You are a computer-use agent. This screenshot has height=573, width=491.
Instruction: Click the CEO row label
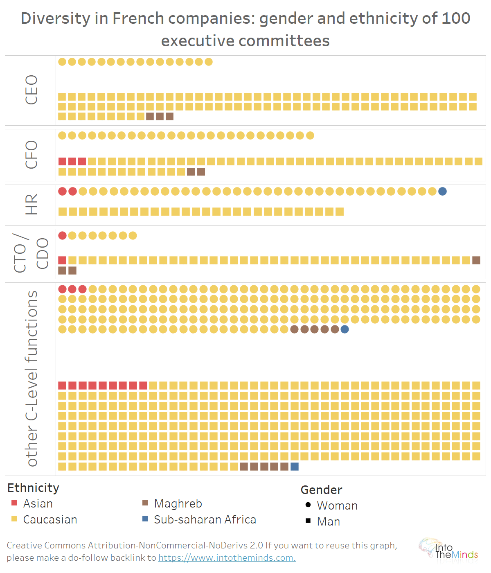pyautogui.click(x=31, y=90)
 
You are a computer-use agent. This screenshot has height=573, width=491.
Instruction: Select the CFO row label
pyautogui.click(x=31, y=155)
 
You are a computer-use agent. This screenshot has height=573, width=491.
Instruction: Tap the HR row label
pyautogui.click(x=31, y=204)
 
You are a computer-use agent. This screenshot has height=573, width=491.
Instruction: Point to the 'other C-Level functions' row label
pyautogui.click(x=31, y=379)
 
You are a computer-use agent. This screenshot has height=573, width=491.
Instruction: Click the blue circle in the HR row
pyautogui.click(x=442, y=191)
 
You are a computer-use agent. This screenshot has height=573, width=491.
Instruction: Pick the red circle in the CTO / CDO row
pyautogui.click(x=62, y=235)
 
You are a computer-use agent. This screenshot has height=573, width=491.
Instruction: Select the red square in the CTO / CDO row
pyautogui.click(x=62, y=260)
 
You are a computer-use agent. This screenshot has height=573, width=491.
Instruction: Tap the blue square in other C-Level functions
pyautogui.click(x=295, y=466)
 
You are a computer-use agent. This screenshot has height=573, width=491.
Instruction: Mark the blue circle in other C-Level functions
pyautogui.click(x=345, y=329)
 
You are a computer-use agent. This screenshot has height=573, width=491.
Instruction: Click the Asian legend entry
pyautogui.click(x=38, y=503)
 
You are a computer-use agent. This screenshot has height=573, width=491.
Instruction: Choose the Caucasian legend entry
pyautogui.click(x=50, y=519)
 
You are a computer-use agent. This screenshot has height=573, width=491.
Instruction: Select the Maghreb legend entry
pyautogui.click(x=178, y=503)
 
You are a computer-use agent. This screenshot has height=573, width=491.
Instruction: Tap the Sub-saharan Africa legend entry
pyautogui.click(x=205, y=519)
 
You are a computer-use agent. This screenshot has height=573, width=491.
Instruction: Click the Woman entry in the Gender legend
pyautogui.click(x=337, y=505)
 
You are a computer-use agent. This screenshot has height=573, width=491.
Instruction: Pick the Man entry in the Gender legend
pyautogui.click(x=328, y=521)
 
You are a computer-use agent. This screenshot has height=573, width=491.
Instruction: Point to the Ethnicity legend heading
pyautogui.click(x=33, y=488)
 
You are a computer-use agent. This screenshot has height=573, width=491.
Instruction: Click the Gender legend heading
pyautogui.click(x=321, y=490)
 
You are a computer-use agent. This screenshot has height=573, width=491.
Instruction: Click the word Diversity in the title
pyautogui.click(x=55, y=18)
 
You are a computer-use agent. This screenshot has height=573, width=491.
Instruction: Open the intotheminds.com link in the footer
pyautogui.click(x=227, y=557)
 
